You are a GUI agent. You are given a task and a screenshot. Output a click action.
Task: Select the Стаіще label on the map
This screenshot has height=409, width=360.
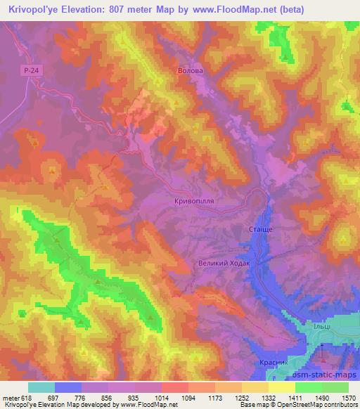pyautogui.click(x=262, y=230)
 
